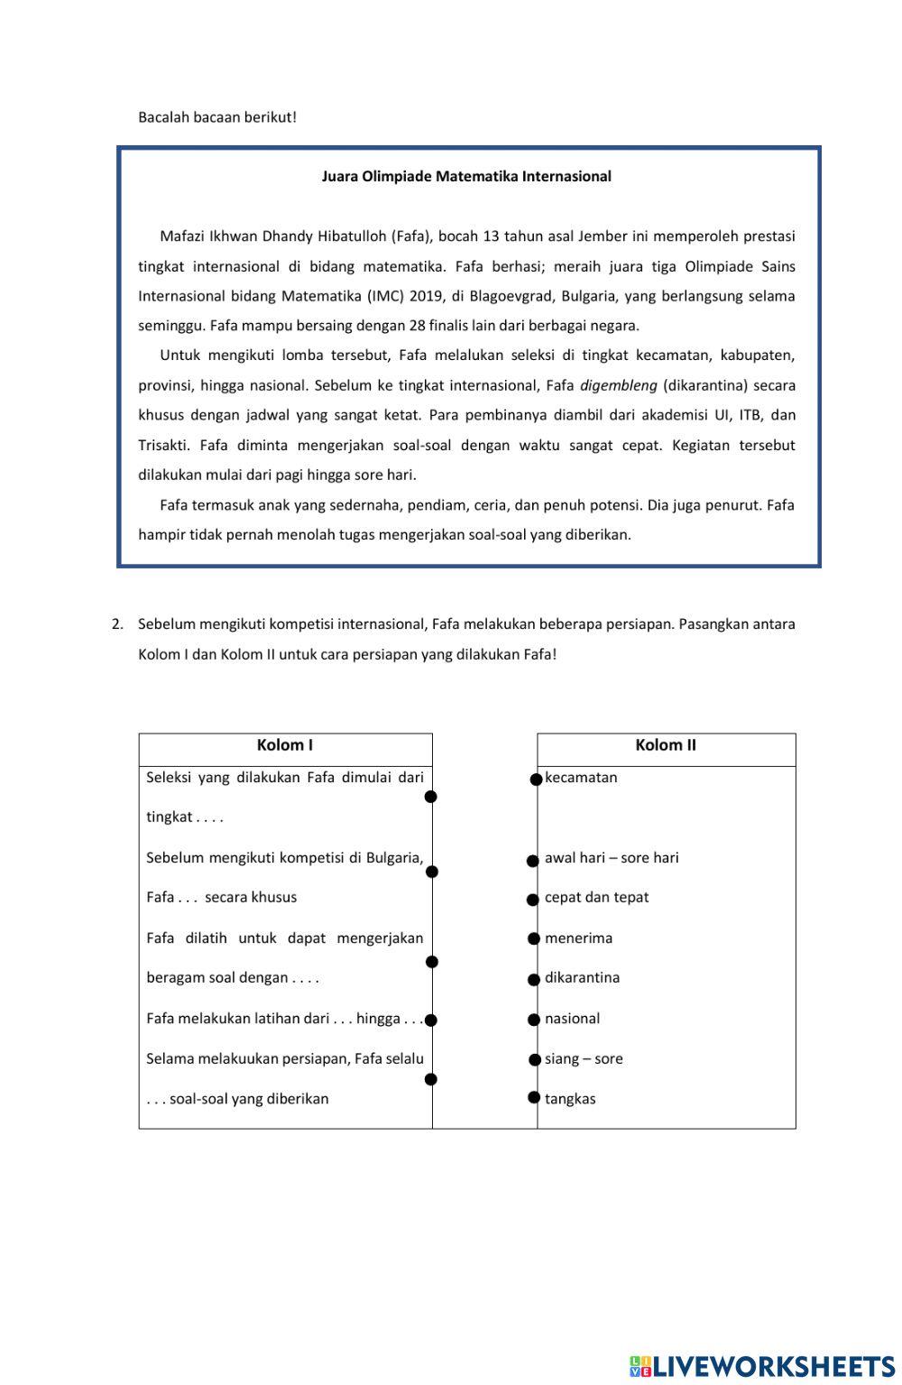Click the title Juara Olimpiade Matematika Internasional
pyautogui.click(x=466, y=177)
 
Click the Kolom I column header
pyautogui.click(x=285, y=745)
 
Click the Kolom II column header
pyautogui.click(x=666, y=745)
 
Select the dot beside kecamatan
pyautogui.click(x=536, y=780)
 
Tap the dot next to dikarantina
pyautogui.click(x=534, y=980)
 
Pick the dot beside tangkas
pyautogui.click(x=534, y=1097)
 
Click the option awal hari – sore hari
pyautogui.click(x=612, y=858)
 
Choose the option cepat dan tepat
pyautogui.click(x=596, y=898)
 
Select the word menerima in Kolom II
pyautogui.click(x=578, y=938)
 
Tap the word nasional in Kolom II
pyautogui.click(x=572, y=1019)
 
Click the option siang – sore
pyautogui.click(x=584, y=1059)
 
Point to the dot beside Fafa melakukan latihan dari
pyautogui.click(x=431, y=1020)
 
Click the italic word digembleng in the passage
pyautogui.click(x=618, y=386)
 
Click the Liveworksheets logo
pyautogui.click(x=761, y=1366)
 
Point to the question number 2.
pyautogui.click(x=116, y=624)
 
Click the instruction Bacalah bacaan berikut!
pyautogui.click(x=217, y=117)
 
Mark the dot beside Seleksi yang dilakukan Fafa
pyautogui.click(x=431, y=797)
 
